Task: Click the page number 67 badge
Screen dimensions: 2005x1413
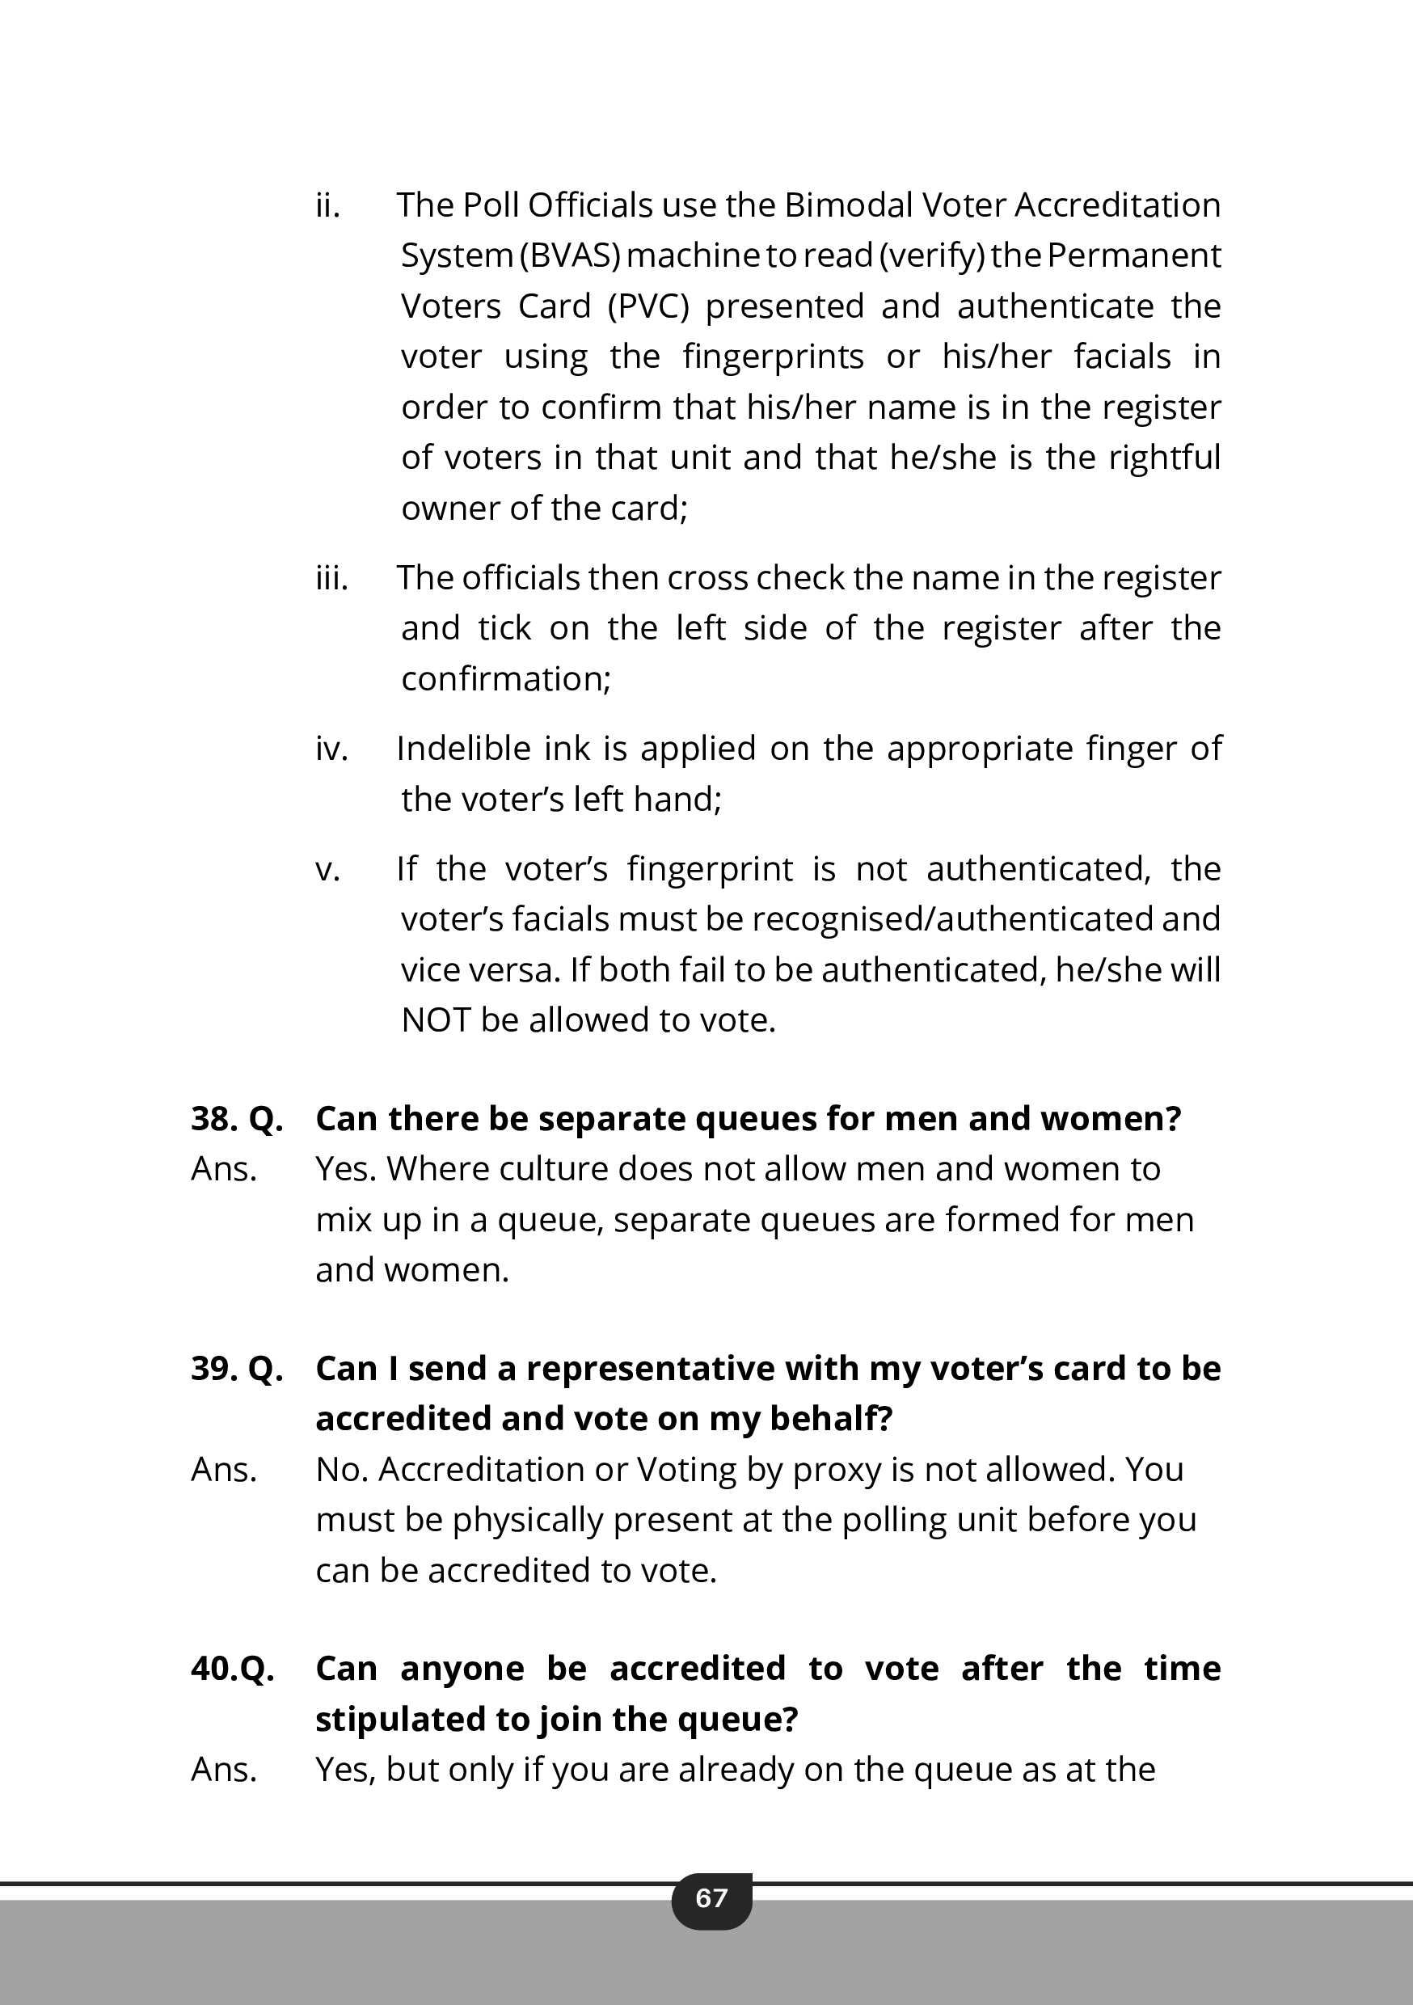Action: [711, 1897]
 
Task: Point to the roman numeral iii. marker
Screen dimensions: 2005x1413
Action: [332, 578]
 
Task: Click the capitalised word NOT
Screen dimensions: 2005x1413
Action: [435, 1020]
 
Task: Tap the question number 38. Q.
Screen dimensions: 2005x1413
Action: [237, 1119]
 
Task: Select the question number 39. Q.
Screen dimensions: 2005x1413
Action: [237, 1369]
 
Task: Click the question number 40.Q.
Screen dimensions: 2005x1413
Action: [232, 1668]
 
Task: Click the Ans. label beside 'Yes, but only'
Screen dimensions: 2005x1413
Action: [224, 1769]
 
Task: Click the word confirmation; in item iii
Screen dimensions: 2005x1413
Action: [506, 678]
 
